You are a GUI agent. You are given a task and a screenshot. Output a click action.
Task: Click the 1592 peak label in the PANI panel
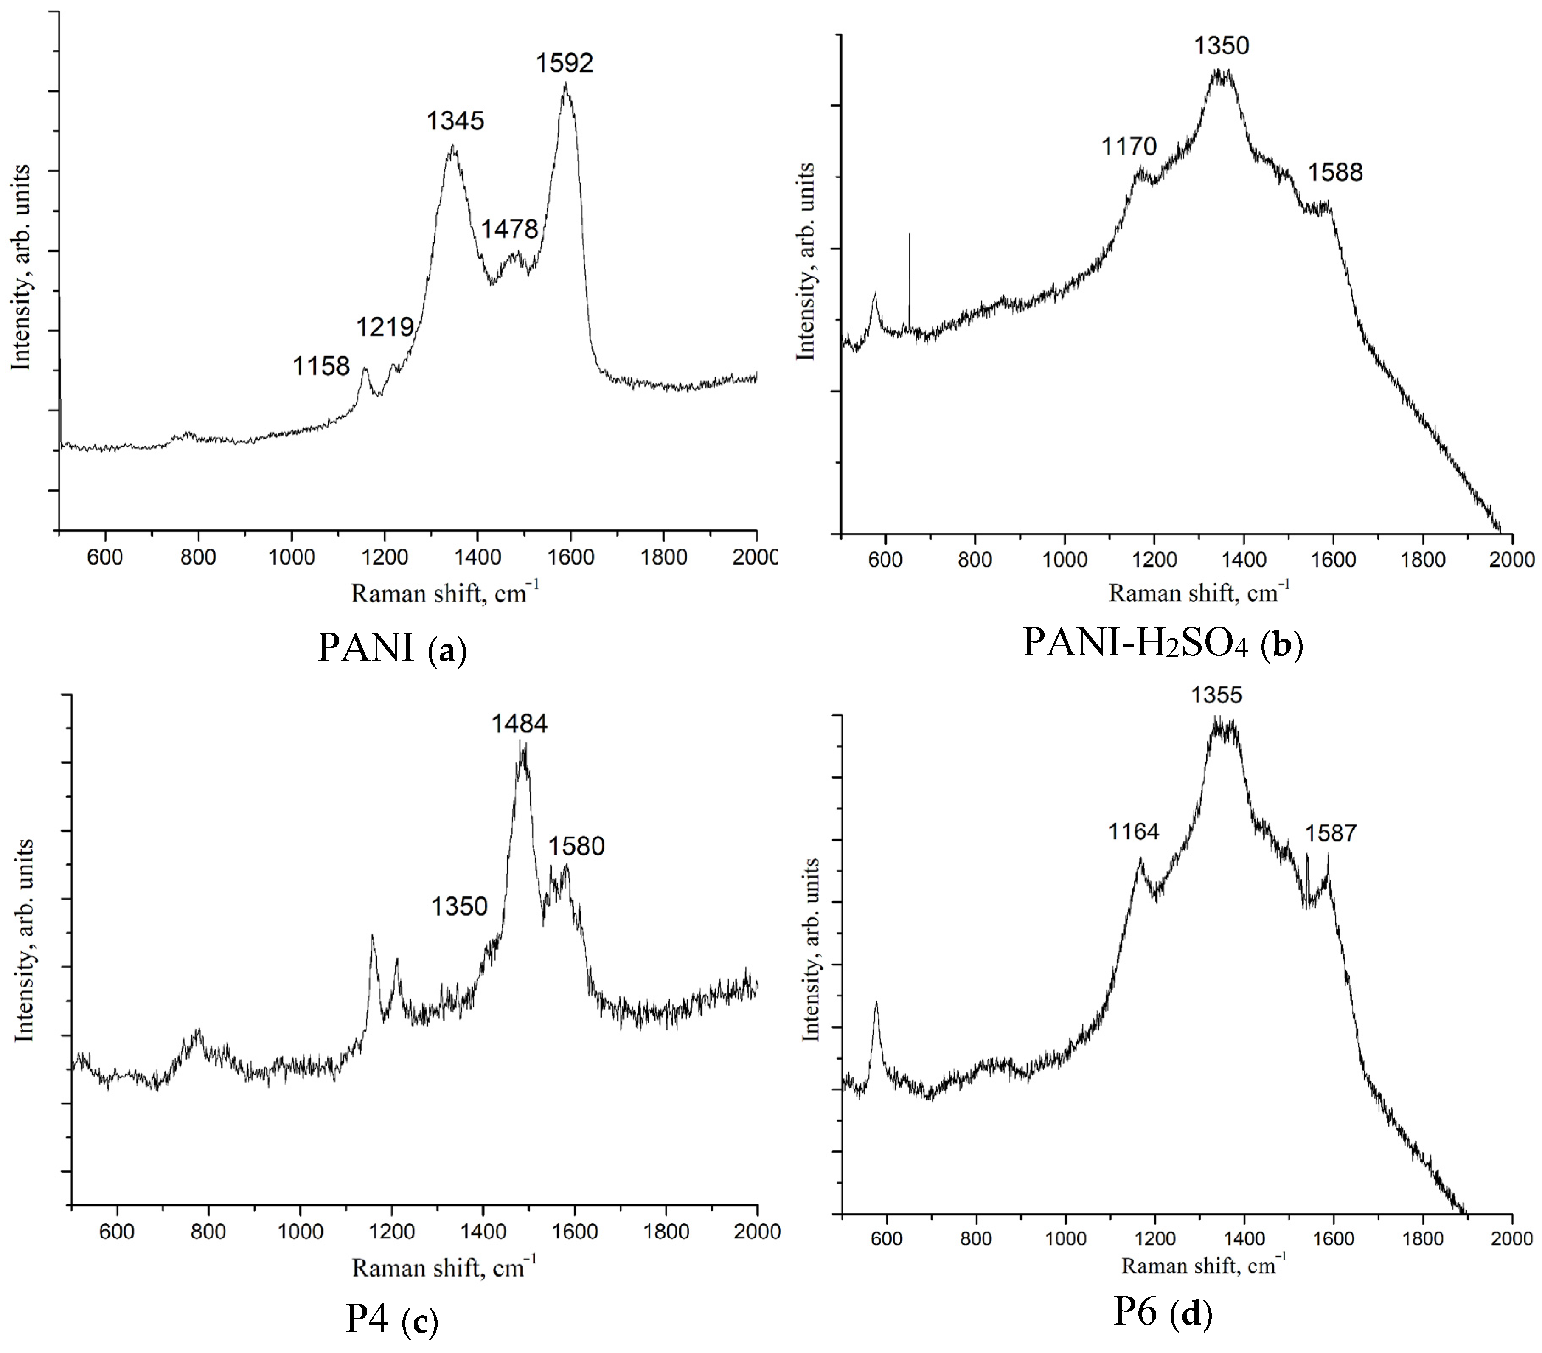pyautogui.click(x=564, y=63)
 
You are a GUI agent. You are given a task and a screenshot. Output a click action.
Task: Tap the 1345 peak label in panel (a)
pyautogui.click(x=455, y=121)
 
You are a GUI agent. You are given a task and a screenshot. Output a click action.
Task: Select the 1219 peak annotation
pyautogui.click(x=385, y=327)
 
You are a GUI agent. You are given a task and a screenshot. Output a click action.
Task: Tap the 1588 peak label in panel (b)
pyautogui.click(x=1334, y=173)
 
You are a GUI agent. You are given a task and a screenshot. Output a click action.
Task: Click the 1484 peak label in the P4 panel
pyautogui.click(x=519, y=724)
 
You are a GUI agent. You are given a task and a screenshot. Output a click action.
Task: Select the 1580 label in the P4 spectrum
pyautogui.click(x=576, y=846)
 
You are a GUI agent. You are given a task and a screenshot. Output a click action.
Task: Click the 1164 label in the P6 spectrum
pyautogui.click(x=1133, y=832)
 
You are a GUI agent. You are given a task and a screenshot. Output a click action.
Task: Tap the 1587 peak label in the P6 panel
pyautogui.click(x=1331, y=833)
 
